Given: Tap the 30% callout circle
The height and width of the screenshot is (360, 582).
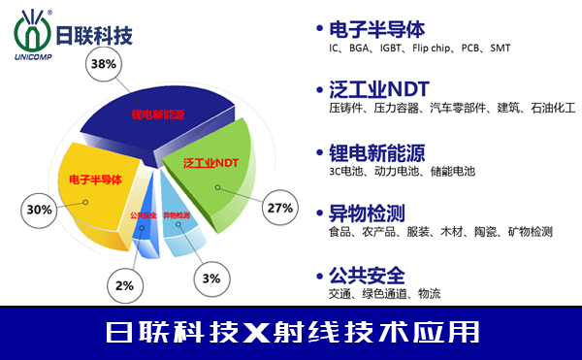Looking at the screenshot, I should (40, 210).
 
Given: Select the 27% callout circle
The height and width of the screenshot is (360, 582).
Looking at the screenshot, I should (280, 208).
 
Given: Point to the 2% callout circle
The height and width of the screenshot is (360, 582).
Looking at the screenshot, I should (124, 286).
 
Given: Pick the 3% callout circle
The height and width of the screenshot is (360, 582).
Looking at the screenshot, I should (211, 278).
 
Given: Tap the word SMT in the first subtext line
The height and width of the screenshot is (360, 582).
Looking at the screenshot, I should (500, 48).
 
